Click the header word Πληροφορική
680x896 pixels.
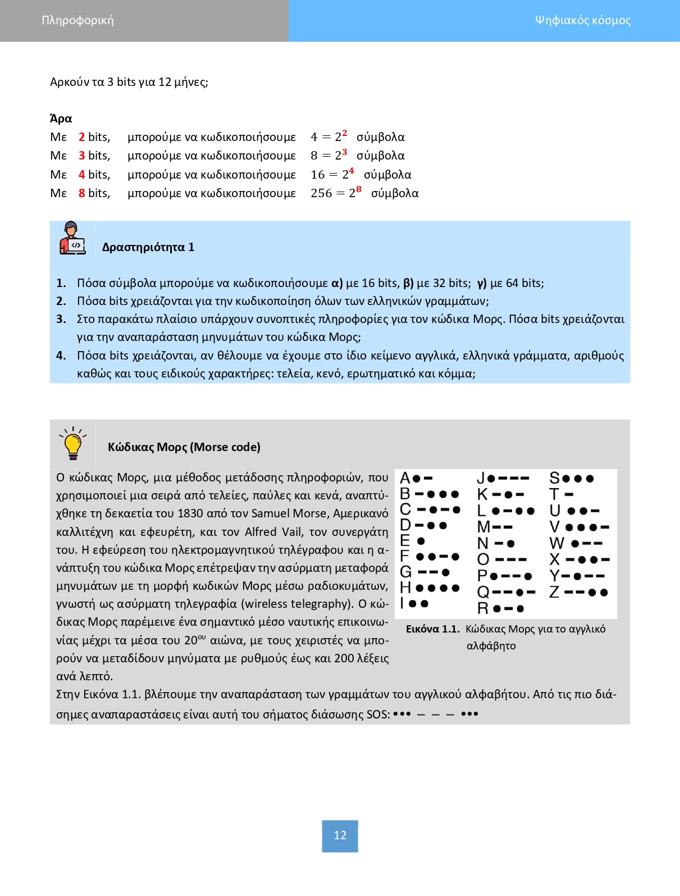77,21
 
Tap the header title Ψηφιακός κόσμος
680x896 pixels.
582,21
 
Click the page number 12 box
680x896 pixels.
340,835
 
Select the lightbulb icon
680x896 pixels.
73,444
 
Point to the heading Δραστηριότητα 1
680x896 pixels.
148,247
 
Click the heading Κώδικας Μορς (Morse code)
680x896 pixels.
184,447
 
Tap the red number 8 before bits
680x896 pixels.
82,193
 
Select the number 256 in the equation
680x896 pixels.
321,193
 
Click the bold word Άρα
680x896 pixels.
61,119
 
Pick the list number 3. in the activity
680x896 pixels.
61,319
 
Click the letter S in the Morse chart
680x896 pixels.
554,479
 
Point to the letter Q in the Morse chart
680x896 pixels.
483,592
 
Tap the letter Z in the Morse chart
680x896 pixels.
554,592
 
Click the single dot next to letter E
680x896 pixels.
421,541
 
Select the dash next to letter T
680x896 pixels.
569,494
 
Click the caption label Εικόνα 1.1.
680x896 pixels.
432,629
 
